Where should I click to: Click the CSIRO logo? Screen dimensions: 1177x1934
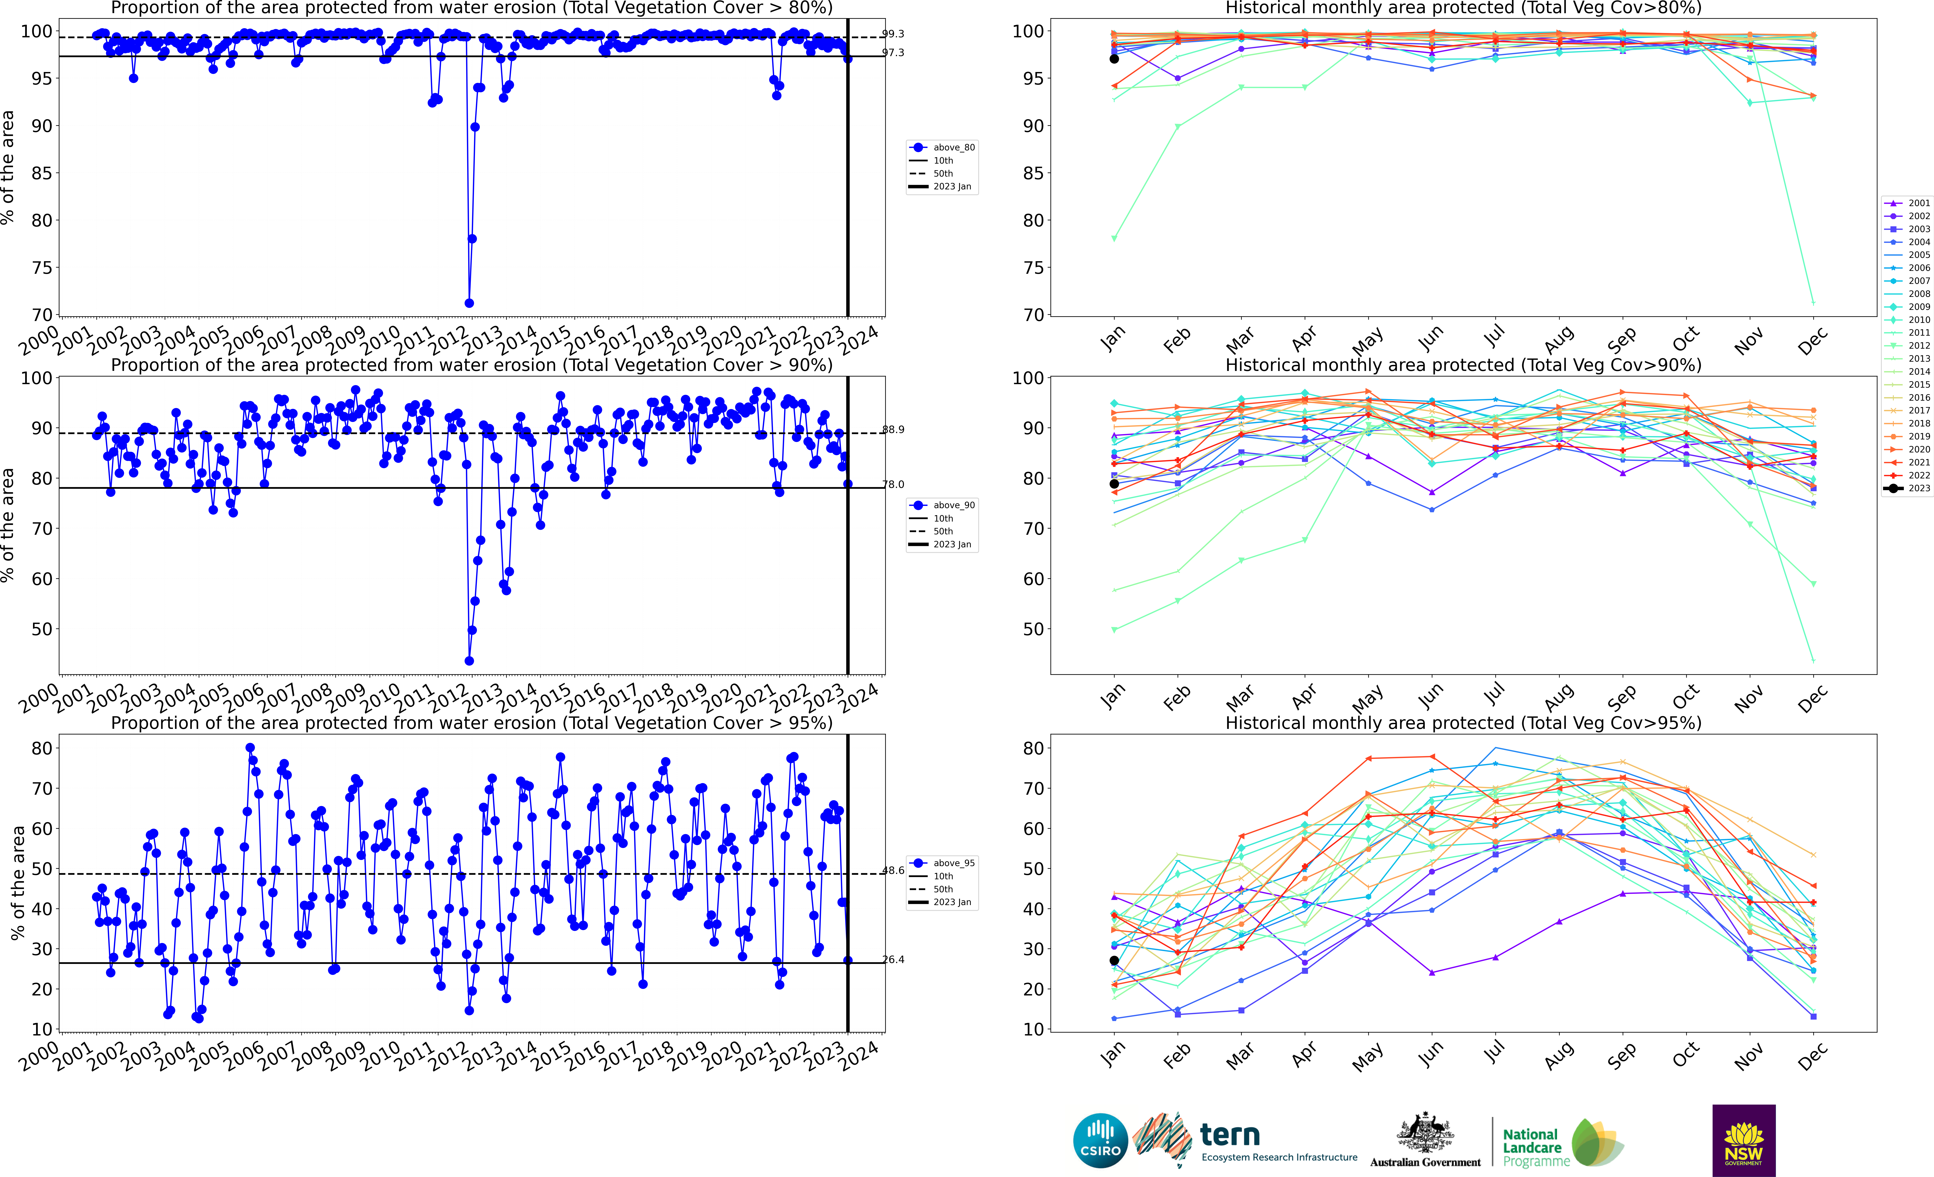click(x=1100, y=1140)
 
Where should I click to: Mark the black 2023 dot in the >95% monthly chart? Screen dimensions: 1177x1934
click(x=1114, y=960)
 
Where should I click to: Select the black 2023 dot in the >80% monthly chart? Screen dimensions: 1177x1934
click(x=1114, y=59)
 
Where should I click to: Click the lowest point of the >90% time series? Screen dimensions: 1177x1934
click(x=469, y=661)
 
